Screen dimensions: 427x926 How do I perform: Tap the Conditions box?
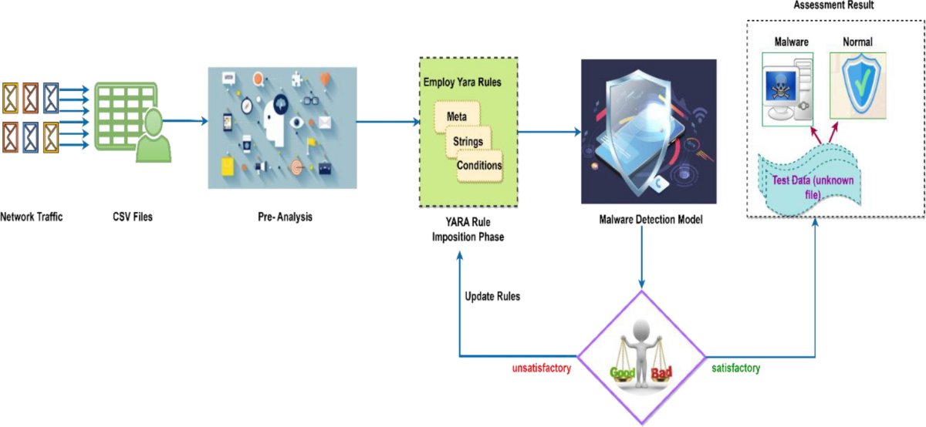(x=479, y=165)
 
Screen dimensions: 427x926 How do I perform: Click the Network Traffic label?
(x=32, y=217)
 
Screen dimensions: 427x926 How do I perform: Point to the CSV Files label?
(x=133, y=217)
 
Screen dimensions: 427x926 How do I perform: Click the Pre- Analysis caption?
(x=285, y=217)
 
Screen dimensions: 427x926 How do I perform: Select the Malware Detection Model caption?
(x=651, y=219)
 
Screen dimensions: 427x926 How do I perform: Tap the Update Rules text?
(x=492, y=297)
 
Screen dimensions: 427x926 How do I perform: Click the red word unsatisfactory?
(x=541, y=368)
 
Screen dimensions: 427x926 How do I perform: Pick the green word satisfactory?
(x=735, y=368)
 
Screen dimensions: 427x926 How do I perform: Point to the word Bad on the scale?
(x=661, y=375)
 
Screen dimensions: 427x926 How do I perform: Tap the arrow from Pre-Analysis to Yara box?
(x=386, y=121)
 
